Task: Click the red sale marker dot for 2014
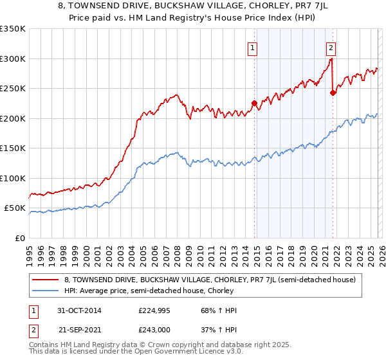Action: tap(254, 103)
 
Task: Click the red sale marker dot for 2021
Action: tap(333, 93)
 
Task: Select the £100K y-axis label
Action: tap(13, 178)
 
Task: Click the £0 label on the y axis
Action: tap(19, 238)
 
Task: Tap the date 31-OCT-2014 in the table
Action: tap(79, 310)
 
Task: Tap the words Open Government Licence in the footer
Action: tap(170, 352)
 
